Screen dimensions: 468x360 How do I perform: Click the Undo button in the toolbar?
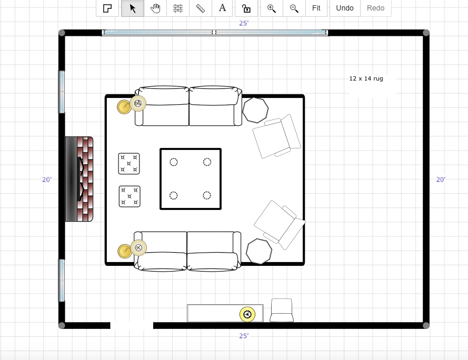(x=345, y=8)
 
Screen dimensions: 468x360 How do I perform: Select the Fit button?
(x=316, y=8)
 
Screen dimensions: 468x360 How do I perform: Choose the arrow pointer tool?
(x=133, y=8)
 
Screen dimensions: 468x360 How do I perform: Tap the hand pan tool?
(x=155, y=8)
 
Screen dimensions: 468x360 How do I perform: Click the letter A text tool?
(x=222, y=8)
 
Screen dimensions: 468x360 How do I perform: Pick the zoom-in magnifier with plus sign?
(x=271, y=8)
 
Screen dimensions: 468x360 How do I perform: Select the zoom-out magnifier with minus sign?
(x=294, y=8)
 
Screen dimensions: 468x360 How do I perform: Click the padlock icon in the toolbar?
(x=246, y=8)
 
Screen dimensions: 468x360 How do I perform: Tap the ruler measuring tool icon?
(x=200, y=8)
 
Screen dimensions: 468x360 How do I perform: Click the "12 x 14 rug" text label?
(x=366, y=78)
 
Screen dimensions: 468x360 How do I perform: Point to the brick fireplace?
(x=79, y=179)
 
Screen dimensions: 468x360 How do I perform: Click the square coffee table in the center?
(x=191, y=179)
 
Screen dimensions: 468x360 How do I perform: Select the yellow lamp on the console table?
(x=247, y=314)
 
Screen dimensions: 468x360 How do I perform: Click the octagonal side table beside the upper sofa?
(x=255, y=110)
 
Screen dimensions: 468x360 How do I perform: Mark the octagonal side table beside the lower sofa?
(x=259, y=252)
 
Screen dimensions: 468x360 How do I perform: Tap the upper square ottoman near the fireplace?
(x=129, y=164)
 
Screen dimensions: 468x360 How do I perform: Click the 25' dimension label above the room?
(x=244, y=23)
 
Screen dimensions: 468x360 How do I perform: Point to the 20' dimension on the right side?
(x=441, y=179)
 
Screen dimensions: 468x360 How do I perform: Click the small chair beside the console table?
(x=282, y=310)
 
